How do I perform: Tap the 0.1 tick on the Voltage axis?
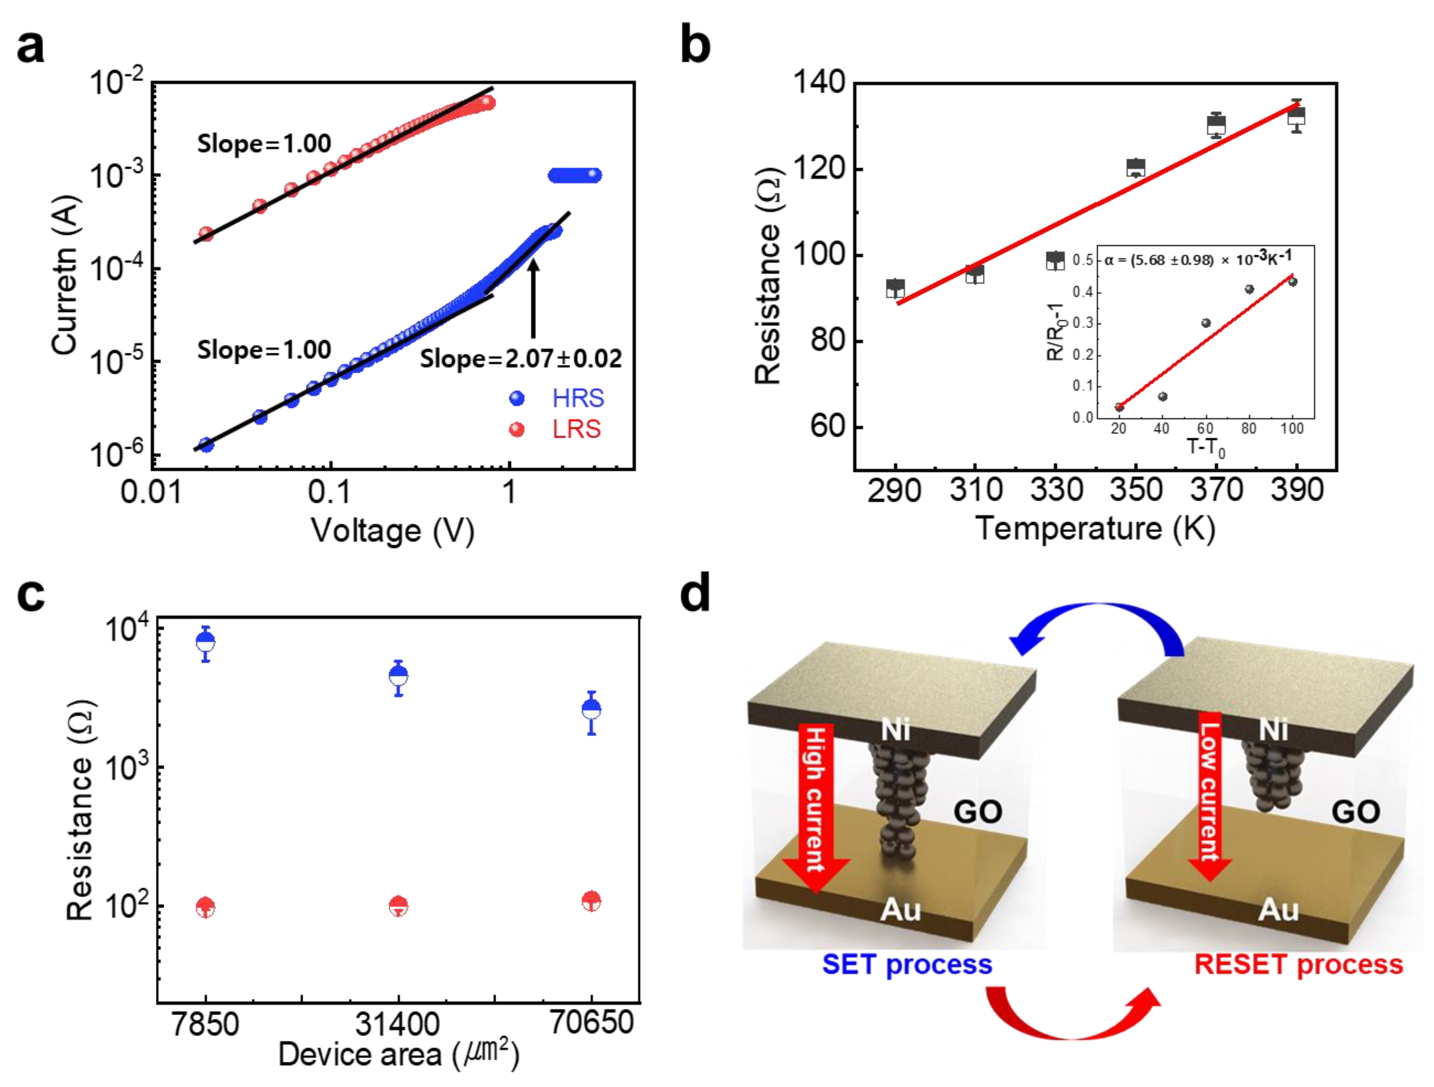329,493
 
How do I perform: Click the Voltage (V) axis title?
393,531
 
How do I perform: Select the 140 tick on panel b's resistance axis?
821,83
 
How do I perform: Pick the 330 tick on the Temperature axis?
1056,490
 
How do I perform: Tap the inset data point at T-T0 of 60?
1206,323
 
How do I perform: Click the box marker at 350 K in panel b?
1135,168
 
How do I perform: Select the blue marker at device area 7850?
206,642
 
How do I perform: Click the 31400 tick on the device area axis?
398,1025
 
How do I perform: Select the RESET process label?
1298,965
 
